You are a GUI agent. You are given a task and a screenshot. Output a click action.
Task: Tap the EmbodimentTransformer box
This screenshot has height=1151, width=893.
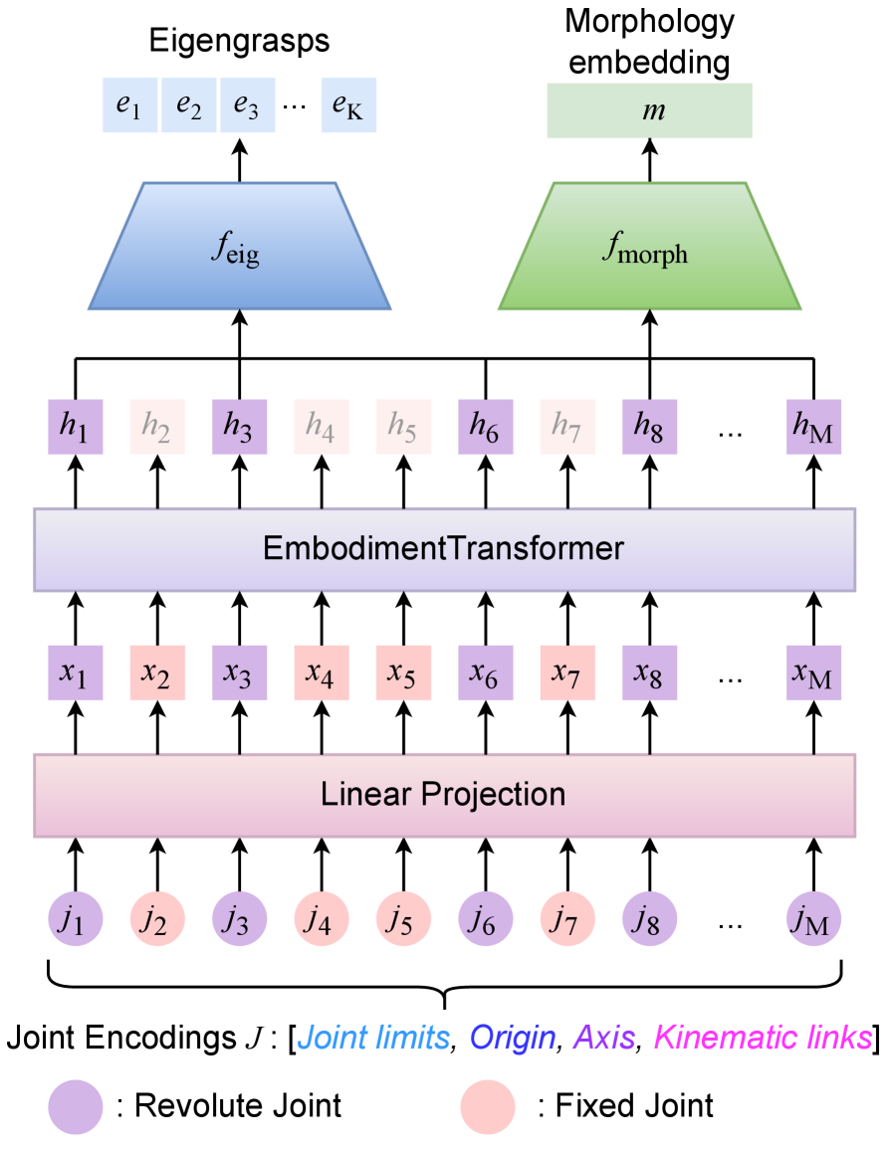(444, 549)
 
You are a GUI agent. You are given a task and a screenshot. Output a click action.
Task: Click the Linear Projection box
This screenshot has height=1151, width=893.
(444, 795)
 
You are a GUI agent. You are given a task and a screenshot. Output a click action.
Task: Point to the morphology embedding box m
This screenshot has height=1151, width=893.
(649, 110)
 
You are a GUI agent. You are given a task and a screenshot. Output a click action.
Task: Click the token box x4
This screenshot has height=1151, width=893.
(321, 672)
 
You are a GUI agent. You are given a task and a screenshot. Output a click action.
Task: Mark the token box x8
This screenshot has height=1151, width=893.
(649, 672)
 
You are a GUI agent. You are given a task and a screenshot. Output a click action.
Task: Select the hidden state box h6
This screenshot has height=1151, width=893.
(485, 427)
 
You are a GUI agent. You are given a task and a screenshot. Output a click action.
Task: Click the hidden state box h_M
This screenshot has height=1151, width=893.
(813, 427)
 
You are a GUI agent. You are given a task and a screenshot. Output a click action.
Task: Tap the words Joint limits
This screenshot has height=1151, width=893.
(374, 1039)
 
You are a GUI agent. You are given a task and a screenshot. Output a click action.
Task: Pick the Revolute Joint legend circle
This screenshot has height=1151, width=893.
(76, 1105)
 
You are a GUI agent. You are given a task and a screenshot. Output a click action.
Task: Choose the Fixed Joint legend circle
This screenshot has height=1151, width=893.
(488, 1105)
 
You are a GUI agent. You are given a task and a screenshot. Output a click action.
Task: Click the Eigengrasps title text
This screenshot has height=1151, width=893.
(239, 41)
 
